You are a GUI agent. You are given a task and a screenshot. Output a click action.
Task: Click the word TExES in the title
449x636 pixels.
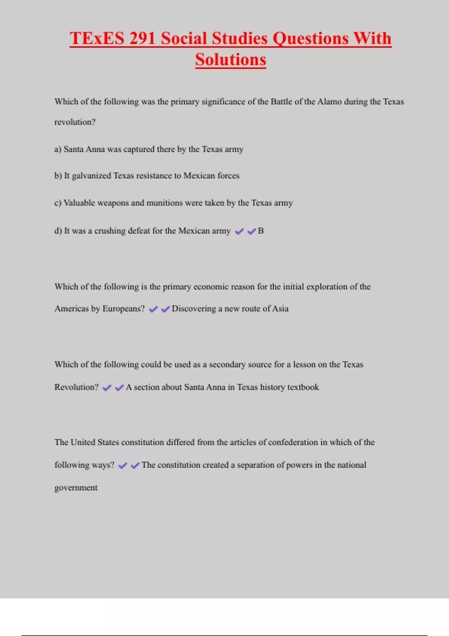[x=97, y=39]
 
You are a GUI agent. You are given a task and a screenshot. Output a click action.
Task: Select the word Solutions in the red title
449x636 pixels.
[x=230, y=60]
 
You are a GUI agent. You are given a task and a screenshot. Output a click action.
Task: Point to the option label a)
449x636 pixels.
[x=58, y=149]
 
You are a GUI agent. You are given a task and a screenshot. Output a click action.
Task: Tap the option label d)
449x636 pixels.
[x=58, y=231]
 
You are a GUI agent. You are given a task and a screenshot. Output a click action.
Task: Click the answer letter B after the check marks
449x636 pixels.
[x=261, y=231]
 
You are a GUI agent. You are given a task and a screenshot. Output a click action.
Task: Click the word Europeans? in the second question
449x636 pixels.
[x=123, y=309]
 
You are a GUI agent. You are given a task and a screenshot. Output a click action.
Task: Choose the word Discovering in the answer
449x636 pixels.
[x=193, y=309]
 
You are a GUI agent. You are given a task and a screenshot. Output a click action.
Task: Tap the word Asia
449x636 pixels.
[x=280, y=309]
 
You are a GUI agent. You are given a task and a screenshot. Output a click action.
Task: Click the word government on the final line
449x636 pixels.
[x=76, y=488]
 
